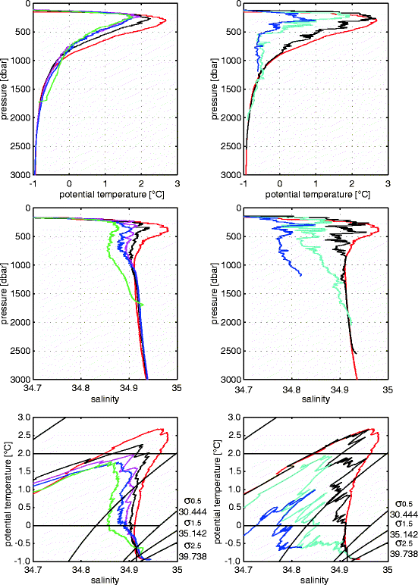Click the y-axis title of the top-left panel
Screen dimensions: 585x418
click(x=7, y=89)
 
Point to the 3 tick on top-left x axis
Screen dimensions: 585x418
click(x=177, y=182)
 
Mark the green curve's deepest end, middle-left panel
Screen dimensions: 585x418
click(x=142, y=304)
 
